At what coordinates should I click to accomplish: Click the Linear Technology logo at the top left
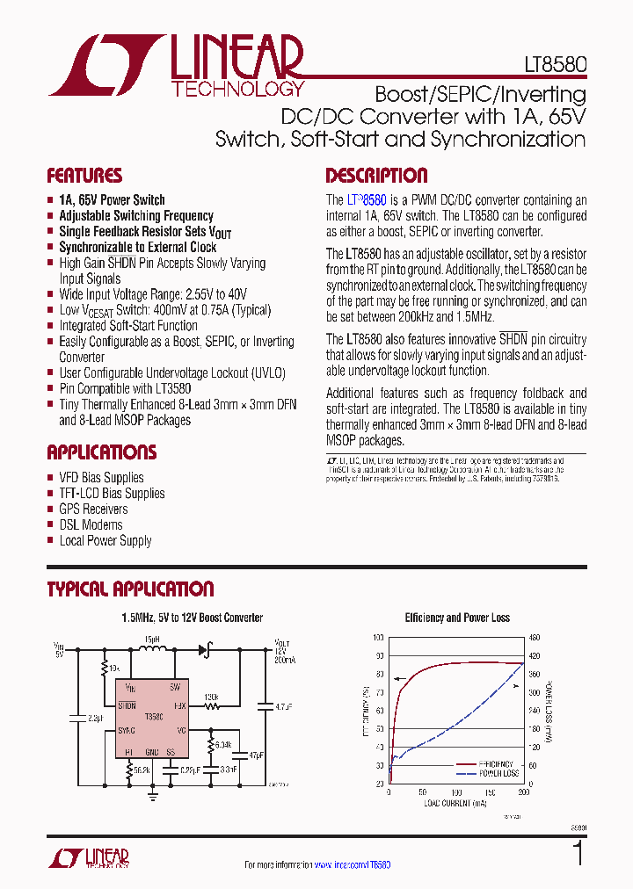(x=176, y=66)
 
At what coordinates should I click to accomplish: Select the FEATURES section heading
(x=84, y=176)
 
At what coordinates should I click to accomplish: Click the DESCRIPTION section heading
(x=376, y=176)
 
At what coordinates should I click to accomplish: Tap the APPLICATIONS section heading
(x=101, y=453)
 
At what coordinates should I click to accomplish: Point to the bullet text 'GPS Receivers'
(x=93, y=510)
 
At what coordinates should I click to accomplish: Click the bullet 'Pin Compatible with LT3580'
(x=125, y=388)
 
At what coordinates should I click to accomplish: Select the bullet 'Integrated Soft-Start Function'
(x=128, y=326)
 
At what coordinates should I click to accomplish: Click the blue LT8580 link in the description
(x=367, y=200)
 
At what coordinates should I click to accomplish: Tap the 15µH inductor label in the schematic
(x=151, y=640)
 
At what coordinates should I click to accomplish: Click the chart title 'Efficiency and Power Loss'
(x=457, y=618)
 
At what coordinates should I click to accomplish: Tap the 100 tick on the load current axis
(x=456, y=791)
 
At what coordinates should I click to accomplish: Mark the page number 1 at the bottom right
(x=577, y=854)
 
